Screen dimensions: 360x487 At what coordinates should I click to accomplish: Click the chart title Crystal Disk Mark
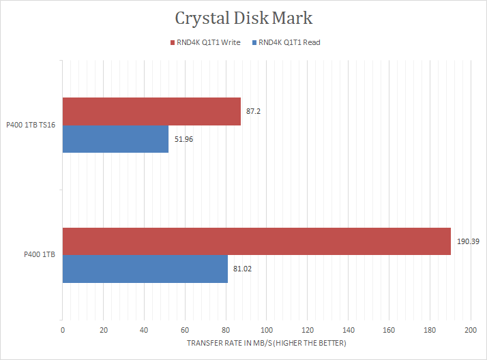(243, 18)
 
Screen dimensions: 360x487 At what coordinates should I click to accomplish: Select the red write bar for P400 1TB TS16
(151, 111)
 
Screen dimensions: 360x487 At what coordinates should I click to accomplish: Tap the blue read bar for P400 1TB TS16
(115, 138)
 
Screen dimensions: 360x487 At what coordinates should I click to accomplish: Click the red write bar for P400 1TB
(256, 241)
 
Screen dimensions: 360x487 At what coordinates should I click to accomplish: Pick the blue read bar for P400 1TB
(145, 269)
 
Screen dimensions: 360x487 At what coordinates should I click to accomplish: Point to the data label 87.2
(253, 111)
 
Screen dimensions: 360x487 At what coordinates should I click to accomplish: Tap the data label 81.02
(243, 269)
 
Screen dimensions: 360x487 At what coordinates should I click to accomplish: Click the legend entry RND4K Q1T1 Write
(207, 42)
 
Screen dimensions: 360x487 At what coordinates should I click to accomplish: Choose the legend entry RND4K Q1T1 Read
(290, 42)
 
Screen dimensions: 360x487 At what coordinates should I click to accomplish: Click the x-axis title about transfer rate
(266, 343)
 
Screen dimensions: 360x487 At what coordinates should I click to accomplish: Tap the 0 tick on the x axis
(63, 330)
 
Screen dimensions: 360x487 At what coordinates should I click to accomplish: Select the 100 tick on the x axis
(267, 330)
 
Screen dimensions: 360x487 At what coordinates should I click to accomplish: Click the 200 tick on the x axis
(471, 330)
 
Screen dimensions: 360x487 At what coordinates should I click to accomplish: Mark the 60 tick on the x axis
(185, 330)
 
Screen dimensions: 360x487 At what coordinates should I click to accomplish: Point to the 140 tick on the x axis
(348, 330)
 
